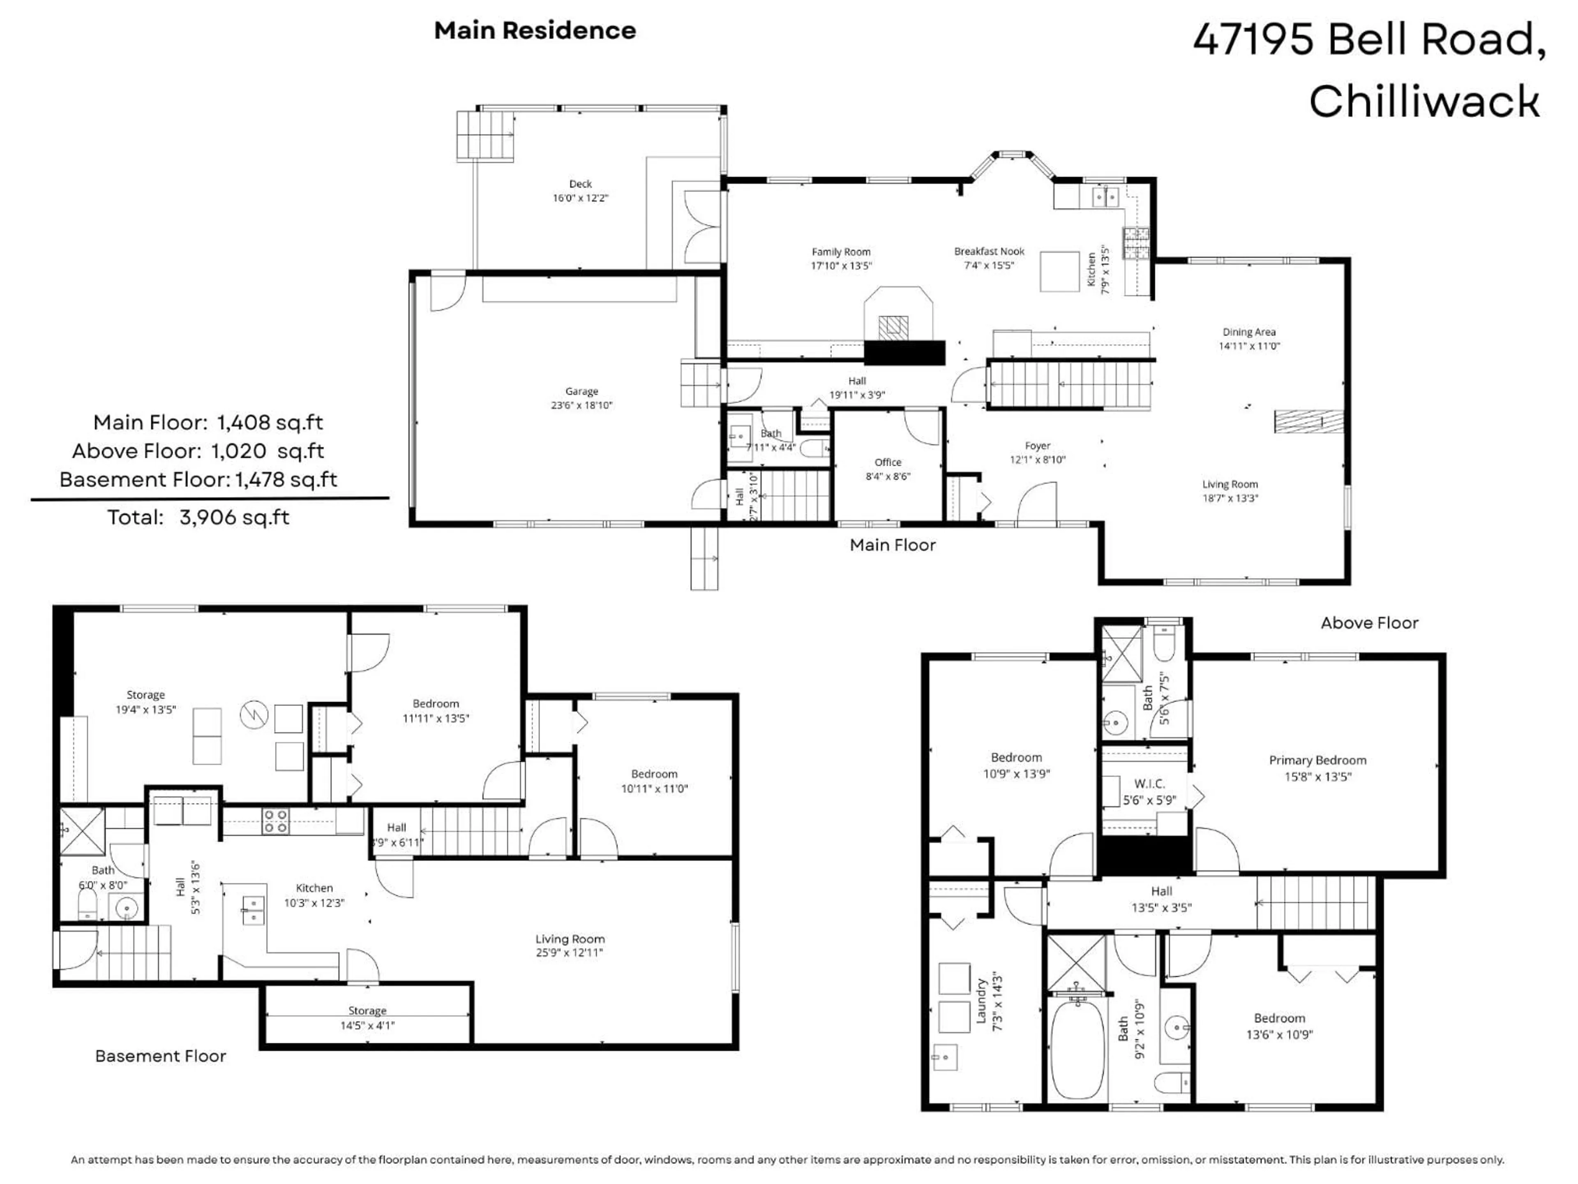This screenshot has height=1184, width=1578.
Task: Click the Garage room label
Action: click(581, 391)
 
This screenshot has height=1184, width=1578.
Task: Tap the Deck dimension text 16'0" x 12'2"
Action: click(580, 198)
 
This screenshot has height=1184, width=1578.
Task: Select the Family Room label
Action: click(841, 252)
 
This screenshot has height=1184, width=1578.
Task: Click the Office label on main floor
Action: click(888, 462)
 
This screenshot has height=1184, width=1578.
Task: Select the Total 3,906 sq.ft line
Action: click(198, 518)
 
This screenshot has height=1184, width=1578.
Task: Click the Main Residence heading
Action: click(535, 31)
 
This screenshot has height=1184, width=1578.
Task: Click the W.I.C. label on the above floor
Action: click(1149, 784)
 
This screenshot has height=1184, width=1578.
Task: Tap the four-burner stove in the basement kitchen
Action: click(275, 821)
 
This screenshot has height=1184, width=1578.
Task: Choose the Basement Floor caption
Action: click(161, 1056)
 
